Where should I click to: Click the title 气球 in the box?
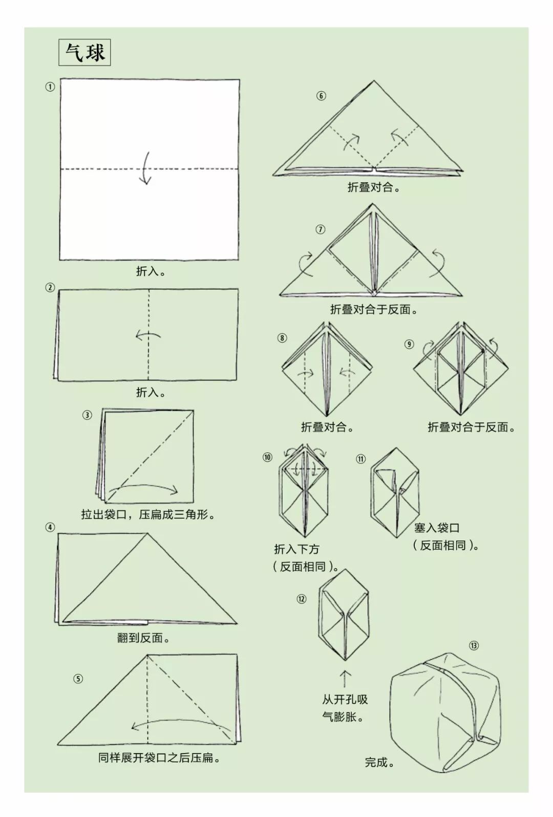pos(85,53)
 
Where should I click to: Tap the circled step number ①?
pos(50,87)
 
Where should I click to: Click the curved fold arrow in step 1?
pos(145,168)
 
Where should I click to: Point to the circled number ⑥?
pos(321,96)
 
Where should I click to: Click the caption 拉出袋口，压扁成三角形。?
pos(148,514)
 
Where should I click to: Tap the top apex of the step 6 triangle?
pos(374,81)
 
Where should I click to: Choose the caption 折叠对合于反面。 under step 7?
pos(374,309)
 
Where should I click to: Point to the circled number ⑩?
pos(267,457)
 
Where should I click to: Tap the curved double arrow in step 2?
pos(148,335)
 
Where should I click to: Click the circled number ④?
pos(50,527)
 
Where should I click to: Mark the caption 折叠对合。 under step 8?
pos(328,427)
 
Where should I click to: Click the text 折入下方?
pos(296,549)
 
